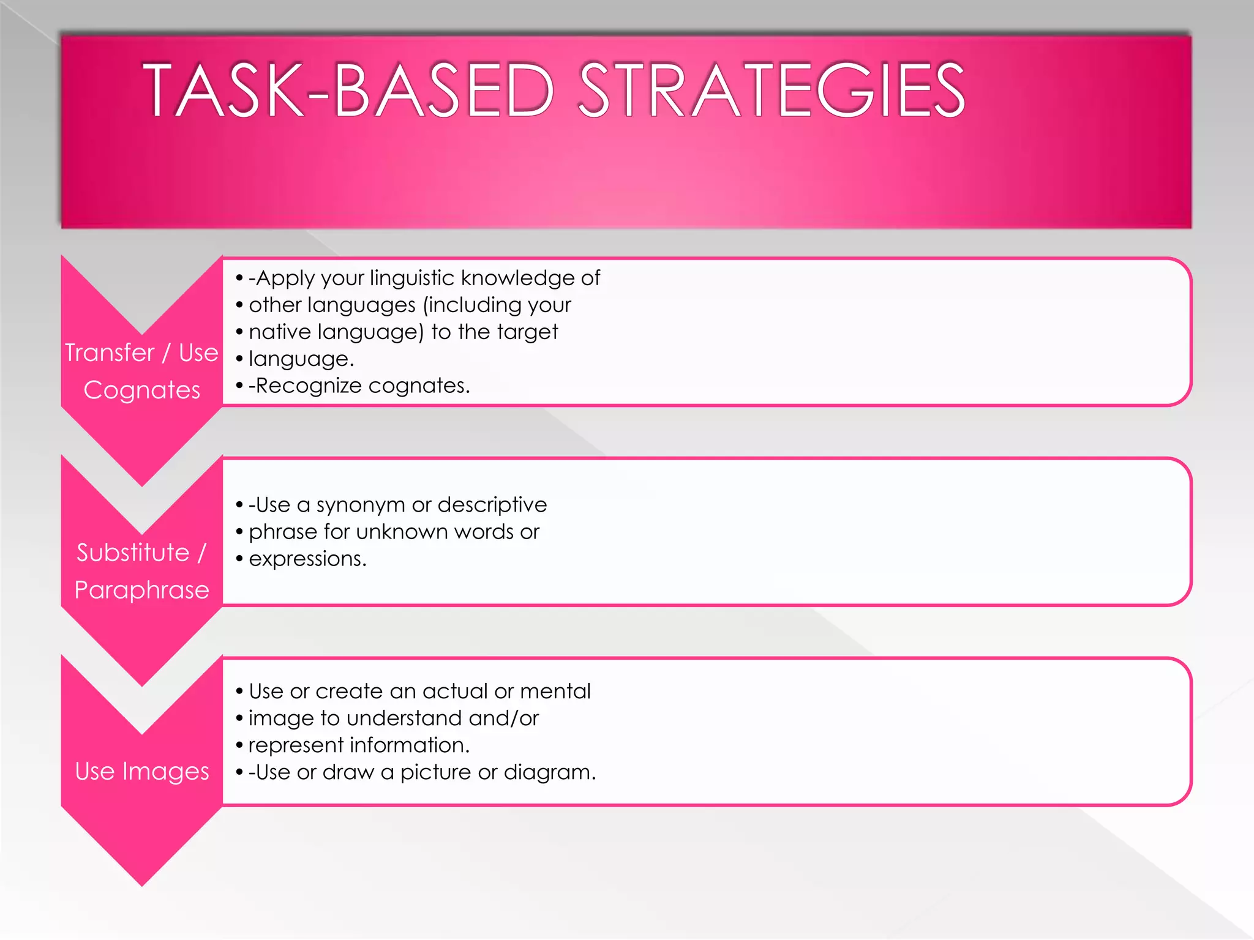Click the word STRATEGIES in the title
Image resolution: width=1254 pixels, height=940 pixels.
point(772,90)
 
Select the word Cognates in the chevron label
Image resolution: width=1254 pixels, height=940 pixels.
point(142,390)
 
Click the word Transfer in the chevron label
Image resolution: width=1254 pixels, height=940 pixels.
point(110,352)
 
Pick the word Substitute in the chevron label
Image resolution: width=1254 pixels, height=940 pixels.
point(133,552)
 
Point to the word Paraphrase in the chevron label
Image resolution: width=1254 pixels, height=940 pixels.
point(142,590)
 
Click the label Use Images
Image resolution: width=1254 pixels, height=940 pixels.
point(142,771)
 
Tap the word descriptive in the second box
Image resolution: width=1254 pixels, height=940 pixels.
point(492,505)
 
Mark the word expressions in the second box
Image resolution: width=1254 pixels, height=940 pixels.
point(307,559)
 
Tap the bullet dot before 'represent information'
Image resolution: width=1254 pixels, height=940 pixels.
point(239,745)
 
